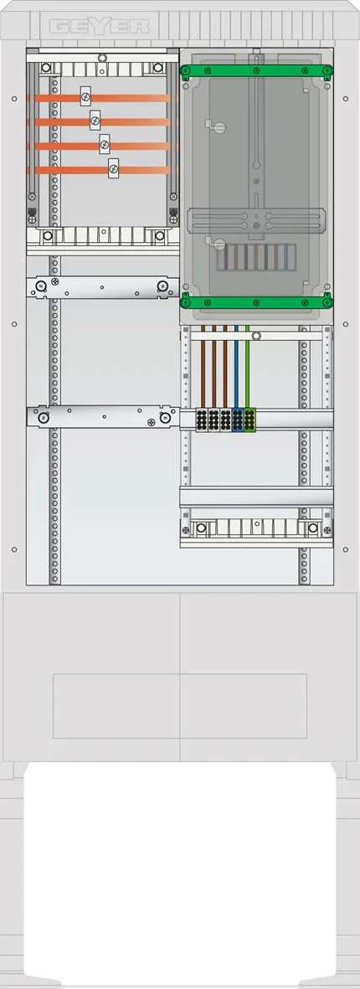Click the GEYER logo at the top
pyautogui.click(x=100, y=26)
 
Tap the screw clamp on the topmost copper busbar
pyautogui.click(x=85, y=96)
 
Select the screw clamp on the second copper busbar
pyautogui.click(x=95, y=120)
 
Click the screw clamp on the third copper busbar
pyautogui.click(x=104, y=144)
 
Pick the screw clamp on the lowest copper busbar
pyautogui.click(x=114, y=167)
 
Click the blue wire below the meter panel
pyautogui.click(x=236, y=367)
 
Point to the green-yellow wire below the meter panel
pyautogui.click(x=247, y=367)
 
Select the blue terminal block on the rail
pyautogui.click(x=238, y=420)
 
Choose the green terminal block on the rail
pyautogui.click(x=249, y=420)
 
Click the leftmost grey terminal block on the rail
pyautogui.click(x=202, y=420)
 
